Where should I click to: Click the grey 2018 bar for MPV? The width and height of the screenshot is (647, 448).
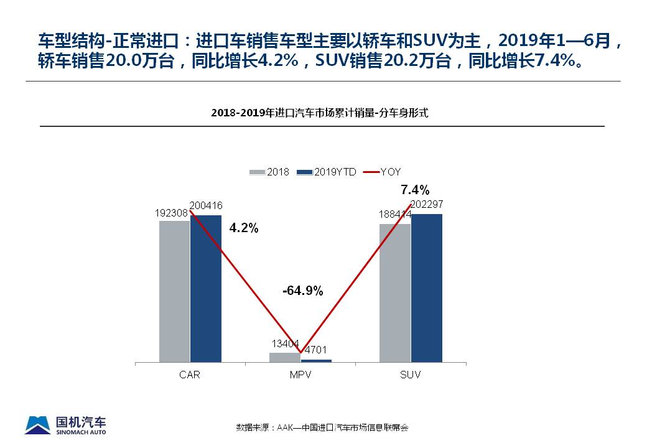coord(285,357)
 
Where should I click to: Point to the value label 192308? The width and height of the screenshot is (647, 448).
coord(171,212)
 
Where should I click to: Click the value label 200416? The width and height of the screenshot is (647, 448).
coord(206,205)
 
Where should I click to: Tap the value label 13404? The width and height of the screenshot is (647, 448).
coord(286,343)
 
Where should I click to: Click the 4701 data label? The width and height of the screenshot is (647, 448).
coord(315,350)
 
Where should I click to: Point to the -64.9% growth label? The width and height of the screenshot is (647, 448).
coord(302,291)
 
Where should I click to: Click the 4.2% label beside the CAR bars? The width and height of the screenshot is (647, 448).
coord(244,228)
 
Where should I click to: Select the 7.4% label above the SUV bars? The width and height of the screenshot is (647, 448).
coord(415,190)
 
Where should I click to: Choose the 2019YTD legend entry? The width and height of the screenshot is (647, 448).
coord(327,172)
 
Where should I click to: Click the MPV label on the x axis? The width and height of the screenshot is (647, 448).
coord(300,375)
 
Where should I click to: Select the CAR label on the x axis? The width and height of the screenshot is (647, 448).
coord(190,375)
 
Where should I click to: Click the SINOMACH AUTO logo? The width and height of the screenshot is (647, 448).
coord(66,424)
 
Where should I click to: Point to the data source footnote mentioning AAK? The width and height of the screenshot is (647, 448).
coord(322,427)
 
